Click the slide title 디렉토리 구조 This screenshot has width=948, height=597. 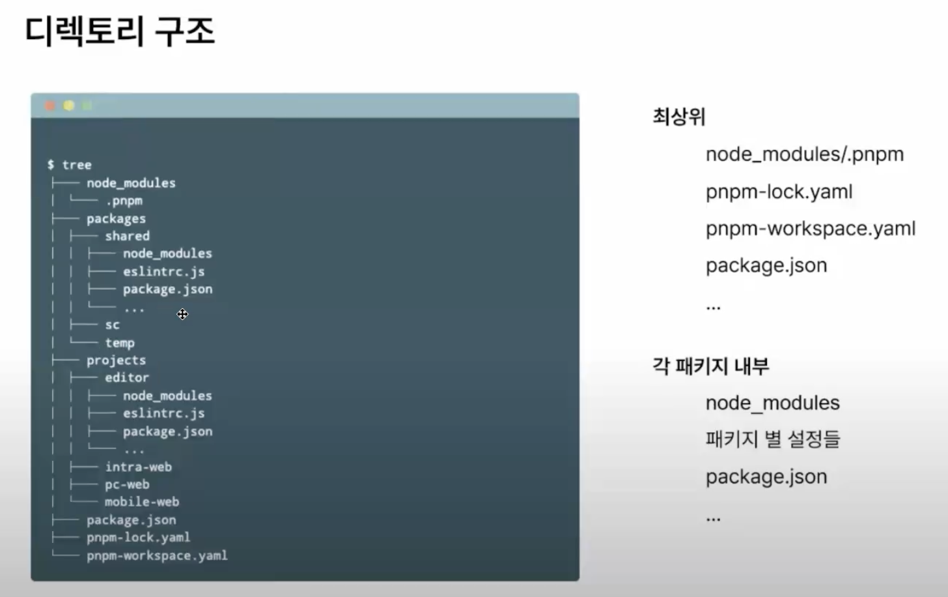(120, 31)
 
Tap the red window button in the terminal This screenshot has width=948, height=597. (50, 106)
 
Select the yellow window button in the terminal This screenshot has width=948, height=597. (68, 106)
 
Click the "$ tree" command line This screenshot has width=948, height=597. (70, 165)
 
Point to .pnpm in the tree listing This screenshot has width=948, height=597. (124, 201)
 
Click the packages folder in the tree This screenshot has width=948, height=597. (116, 218)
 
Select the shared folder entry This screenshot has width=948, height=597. (127, 236)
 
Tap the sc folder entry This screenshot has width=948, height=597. (112, 325)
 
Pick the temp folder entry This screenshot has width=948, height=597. (120, 342)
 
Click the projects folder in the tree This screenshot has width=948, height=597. (116, 360)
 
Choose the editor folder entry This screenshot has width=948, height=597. (127, 377)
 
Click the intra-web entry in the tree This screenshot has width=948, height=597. (139, 467)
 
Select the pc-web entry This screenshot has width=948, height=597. (127, 484)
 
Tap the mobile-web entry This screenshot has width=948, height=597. (142, 502)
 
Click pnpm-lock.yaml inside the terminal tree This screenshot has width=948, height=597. (138, 538)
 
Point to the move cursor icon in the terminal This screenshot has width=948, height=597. (182, 314)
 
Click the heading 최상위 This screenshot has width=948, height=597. (679, 117)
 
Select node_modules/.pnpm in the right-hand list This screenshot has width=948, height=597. (805, 154)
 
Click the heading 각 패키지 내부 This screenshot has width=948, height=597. (711, 366)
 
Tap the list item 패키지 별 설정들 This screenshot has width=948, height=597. (773, 439)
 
